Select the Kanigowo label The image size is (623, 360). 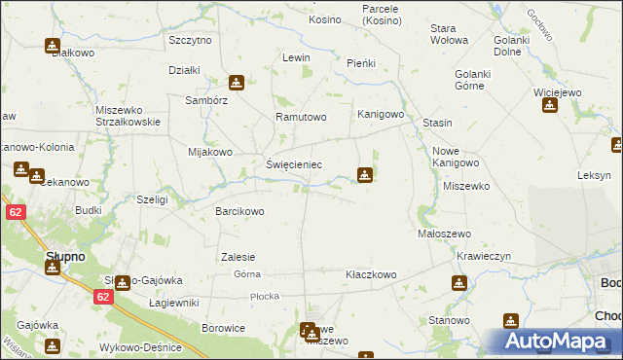[x=380, y=114]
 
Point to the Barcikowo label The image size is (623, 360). [x=239, y=211]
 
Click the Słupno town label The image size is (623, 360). [x=65, y=257]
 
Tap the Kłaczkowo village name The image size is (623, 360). [x=371, y=275]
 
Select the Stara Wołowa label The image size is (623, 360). [x=450, y=34]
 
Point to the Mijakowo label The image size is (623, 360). [x=209, y=153]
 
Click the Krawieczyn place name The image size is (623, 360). [x=484, y=257]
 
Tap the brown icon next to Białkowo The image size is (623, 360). [x=52, y=45]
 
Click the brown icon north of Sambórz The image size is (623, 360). [x=236, y=83]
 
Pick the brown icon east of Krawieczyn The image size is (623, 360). [x=458, y=282]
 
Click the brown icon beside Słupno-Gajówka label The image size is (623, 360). [x=122, y=282]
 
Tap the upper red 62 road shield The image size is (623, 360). [x=14, y=211]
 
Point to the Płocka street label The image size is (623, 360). [x=264, y=296]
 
